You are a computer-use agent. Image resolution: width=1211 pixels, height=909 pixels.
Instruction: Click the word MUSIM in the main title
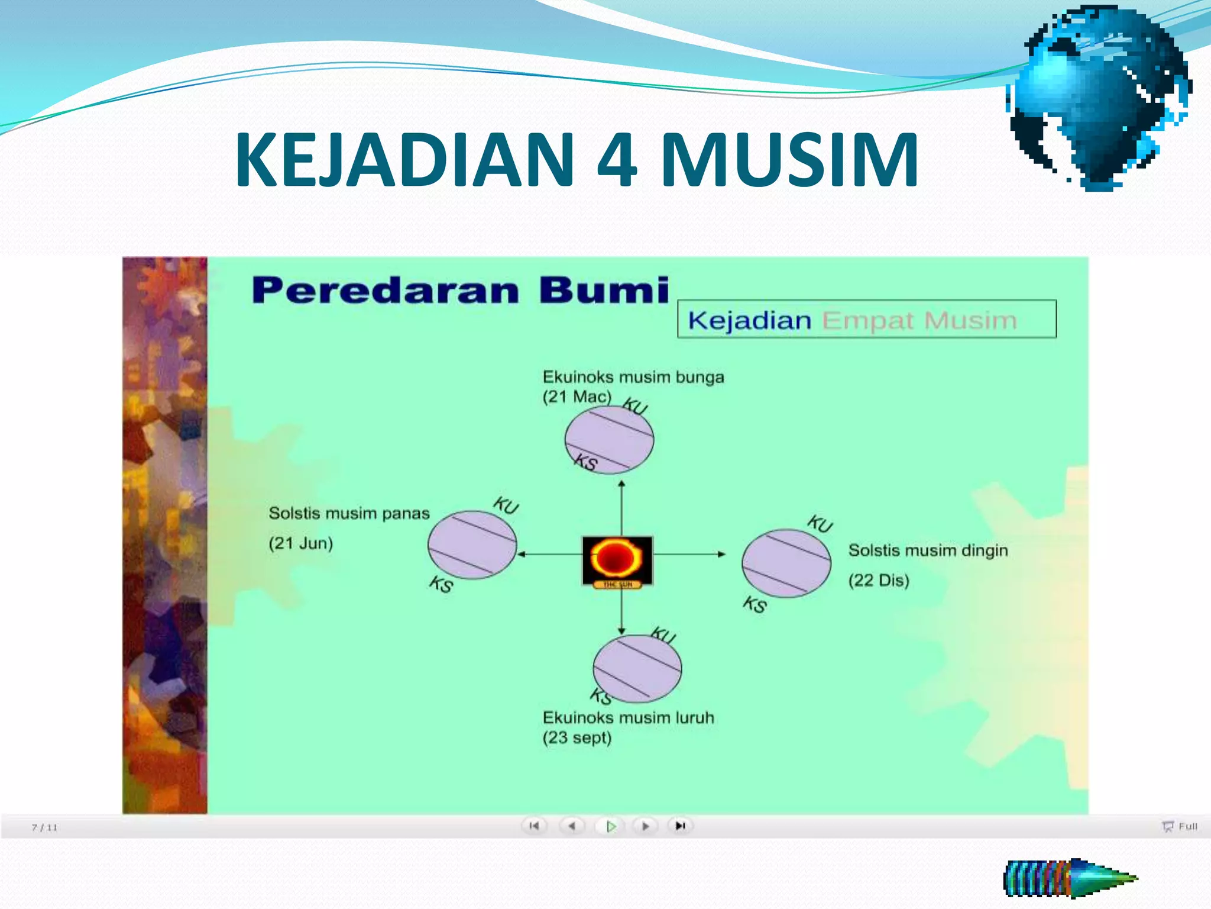789,160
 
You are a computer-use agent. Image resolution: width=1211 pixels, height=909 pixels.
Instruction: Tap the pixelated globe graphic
1100,98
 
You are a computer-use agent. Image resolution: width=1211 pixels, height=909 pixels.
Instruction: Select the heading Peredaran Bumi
460,291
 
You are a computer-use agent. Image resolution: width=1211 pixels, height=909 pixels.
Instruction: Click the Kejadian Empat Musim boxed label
866,320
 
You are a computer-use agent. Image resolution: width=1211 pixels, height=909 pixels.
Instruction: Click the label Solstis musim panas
349,513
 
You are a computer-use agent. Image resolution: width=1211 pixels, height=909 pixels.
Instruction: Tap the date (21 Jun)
300,543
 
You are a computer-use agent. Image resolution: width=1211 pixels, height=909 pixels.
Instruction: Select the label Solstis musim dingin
928,550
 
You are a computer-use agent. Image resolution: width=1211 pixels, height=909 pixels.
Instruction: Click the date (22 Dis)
879,580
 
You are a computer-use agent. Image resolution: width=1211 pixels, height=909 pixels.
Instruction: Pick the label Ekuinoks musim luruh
628,718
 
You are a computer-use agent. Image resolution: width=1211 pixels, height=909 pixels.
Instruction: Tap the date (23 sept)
577,738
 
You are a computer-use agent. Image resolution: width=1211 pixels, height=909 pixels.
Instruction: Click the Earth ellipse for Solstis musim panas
472,544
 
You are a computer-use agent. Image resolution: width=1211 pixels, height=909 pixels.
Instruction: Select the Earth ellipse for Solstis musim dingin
786,563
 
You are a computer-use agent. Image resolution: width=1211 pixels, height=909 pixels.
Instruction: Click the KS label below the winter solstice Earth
755,604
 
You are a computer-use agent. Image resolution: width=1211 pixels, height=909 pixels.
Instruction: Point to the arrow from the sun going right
689,555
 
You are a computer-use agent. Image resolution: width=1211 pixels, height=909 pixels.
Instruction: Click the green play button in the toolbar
611,826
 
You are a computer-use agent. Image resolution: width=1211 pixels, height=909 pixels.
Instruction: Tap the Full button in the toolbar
1180,826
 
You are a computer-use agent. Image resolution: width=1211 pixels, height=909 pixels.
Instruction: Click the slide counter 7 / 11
44,827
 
